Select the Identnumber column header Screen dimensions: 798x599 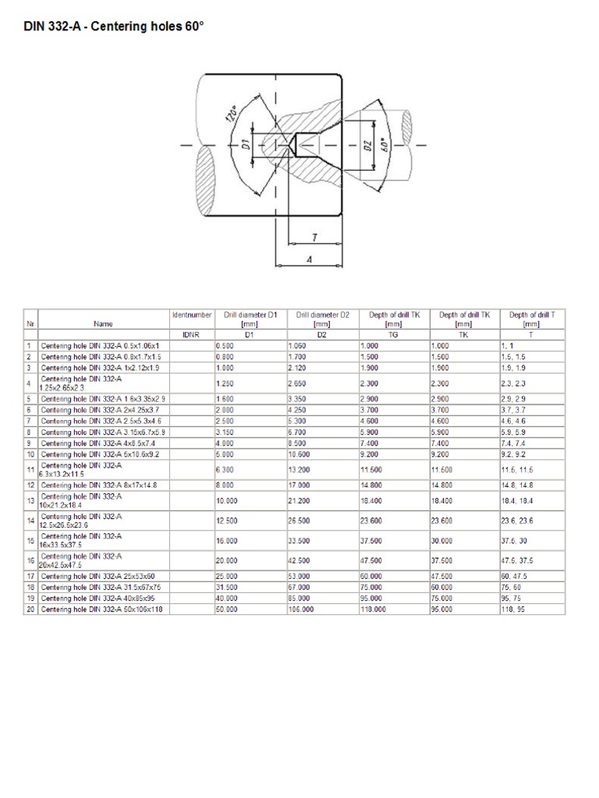[191, 315]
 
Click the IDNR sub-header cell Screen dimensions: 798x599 [191, 334]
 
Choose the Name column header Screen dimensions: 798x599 [103, 323]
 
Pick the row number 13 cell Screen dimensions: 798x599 [30, 500]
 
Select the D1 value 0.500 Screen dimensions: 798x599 [225, 344]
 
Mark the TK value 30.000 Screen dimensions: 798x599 [442, 539]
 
